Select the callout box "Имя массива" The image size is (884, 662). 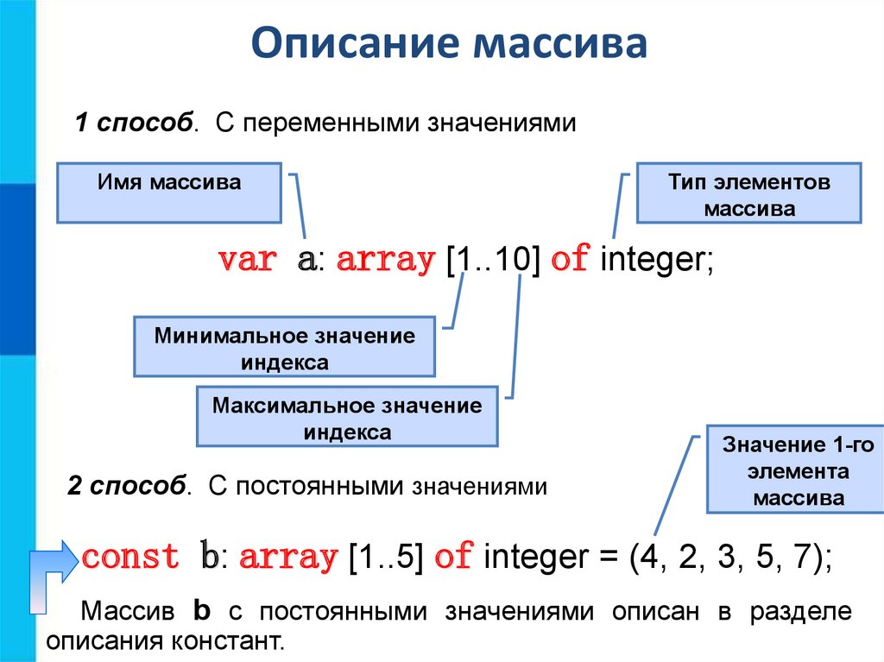[x=169, y=193]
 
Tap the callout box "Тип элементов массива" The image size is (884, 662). [x=748, y=195]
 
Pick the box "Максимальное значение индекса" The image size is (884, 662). [x=347, y=418]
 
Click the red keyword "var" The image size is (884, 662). [x=247, y=260]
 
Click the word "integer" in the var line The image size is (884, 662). [x=653, y=260]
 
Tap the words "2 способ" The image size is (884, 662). [x=127, y=486]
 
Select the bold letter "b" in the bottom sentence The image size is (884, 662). [x=202, y=612]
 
